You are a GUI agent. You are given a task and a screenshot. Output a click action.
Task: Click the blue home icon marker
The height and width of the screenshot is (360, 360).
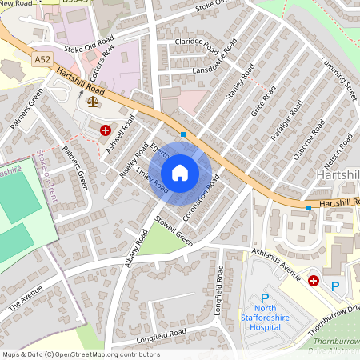tap(180, 173)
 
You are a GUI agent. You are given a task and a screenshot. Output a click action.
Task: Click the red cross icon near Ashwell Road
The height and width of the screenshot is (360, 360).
tap(105, 129)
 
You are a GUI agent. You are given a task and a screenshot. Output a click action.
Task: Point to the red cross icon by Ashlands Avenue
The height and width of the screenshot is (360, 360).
tap(314, 281)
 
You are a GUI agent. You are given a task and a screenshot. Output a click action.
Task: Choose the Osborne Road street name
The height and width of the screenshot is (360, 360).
tap(307, 141)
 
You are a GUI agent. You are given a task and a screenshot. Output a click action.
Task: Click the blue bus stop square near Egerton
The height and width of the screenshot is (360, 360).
tap(183, 134)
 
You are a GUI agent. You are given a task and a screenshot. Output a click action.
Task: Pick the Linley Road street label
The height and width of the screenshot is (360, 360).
tap(151, 181)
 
